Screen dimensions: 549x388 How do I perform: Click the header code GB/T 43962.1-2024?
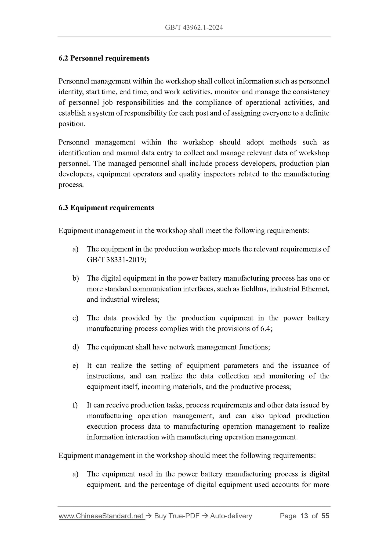tap(194, 27)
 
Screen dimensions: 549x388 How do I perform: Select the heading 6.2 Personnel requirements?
tap(104, 58)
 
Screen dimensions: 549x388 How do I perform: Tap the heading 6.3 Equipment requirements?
tap(106, 208)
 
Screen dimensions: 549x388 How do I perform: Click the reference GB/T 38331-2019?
tap(116, 260)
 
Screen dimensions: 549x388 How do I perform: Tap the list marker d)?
tap(75, 347)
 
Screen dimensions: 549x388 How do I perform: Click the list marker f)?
tap(75, 405)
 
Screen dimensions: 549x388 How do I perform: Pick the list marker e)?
tap(75, 366)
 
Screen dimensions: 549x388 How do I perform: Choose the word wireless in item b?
tap(145, 299)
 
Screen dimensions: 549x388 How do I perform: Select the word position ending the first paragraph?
tap(71, 124)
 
